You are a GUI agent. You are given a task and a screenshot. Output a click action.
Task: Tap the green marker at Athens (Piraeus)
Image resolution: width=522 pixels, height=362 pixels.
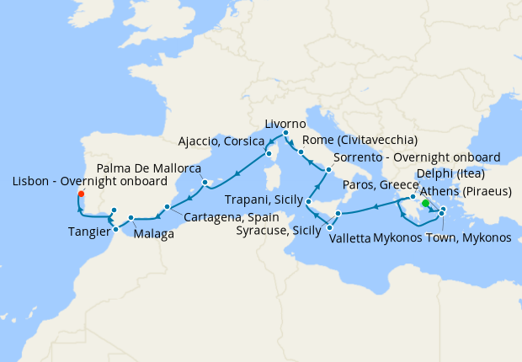[x=425, y=203]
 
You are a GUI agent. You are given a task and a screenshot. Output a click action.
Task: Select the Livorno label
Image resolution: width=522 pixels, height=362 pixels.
[x=285, y=124]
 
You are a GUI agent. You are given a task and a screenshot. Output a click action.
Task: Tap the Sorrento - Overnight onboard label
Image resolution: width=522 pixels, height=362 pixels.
[x=417, y=157]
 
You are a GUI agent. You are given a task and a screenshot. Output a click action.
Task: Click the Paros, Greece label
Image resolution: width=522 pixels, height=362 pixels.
[x=381, y=185]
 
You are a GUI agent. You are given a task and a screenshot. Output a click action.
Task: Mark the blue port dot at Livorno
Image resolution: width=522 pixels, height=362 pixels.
[x=285, y=133]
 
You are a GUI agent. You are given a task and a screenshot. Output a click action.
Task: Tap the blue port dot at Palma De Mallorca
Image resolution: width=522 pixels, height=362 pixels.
[x=205, y=183]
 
